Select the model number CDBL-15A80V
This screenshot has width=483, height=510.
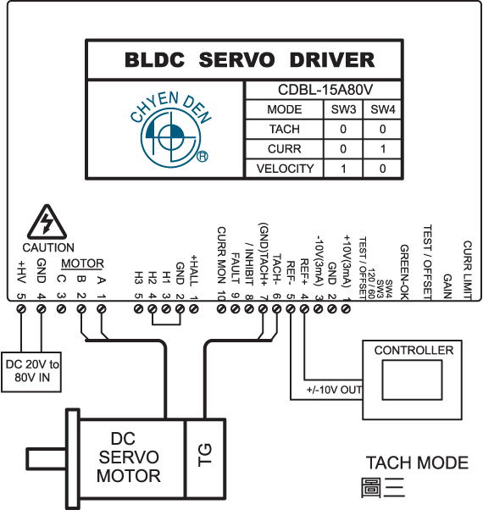coord(325,90)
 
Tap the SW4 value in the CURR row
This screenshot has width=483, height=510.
coord(382,149)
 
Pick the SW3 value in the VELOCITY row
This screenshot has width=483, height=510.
coord(343,169)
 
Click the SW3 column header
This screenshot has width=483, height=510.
coord(343,109)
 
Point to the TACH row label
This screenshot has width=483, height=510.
coord(284,129)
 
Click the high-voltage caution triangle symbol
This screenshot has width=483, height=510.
coord(47,222)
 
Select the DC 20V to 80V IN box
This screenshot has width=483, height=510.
coord(31,372)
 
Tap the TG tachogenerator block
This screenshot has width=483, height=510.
coord(205,458)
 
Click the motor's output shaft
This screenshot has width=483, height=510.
coord(47,459)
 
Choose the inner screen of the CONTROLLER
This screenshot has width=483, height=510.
coord(412,380)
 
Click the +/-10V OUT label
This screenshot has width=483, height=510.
coord(334,390)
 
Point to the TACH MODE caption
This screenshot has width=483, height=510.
coord(417,463)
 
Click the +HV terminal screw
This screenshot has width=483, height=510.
coord(21,308)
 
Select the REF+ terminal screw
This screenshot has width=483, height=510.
coord(304,308)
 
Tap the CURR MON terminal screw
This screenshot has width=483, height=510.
coord(221,308)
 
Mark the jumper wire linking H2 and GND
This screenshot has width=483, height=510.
coord(166,324)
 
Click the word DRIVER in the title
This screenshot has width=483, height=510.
coord(332,60)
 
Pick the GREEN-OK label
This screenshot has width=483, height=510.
coord(404,272)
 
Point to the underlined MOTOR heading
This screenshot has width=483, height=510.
coord(82,263)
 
